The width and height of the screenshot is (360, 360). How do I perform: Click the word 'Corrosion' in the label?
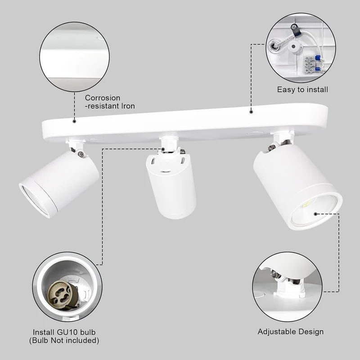tap(103, 98)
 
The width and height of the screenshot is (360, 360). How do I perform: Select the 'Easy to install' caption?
tap(302, 90)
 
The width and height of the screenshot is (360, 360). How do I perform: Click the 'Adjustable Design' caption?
tap(290, 332)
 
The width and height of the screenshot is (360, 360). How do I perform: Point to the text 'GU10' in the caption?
tap(67, 332)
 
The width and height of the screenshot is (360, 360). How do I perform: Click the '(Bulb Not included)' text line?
tap(64, 341)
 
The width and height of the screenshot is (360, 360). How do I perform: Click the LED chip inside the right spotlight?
tap(306, 204)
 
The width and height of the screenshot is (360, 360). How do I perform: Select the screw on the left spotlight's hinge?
tap(81, 154)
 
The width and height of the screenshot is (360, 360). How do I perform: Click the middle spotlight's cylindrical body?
tap(171, 186)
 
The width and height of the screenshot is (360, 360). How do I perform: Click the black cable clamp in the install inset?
tap(296, 30)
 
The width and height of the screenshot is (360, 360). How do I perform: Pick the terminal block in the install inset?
tap(309, 65)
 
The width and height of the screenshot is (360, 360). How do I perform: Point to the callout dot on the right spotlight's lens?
tap(316, 214)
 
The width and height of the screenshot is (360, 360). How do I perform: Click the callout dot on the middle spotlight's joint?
tap(163, 149)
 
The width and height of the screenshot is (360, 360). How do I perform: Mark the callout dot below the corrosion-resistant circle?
tap(74, 121)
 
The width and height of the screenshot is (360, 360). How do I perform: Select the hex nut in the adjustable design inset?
tap(274, 274)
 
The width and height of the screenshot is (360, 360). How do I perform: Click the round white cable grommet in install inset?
tap(293, 47)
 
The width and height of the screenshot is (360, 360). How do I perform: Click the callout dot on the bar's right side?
tap(251, 112)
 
